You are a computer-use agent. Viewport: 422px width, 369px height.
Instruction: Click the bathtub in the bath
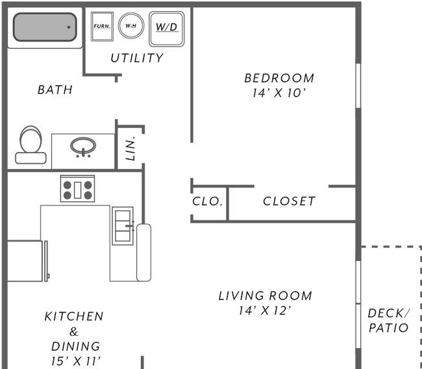pos(45,27)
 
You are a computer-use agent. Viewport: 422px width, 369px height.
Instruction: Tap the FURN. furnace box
pos(102,27)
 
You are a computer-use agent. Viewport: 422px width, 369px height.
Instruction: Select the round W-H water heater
pos(131,26)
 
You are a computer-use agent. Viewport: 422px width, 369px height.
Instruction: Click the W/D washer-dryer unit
pos(167,29)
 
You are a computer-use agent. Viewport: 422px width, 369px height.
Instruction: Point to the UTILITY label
pos(137,58)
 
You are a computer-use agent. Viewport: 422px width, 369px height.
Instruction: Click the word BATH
pos(55,90)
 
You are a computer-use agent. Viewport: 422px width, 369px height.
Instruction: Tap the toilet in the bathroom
pos(31,145)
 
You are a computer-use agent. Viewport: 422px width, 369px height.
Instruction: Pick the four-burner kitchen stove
pos(77,188)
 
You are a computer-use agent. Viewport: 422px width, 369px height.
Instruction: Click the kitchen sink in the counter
pos(123,225)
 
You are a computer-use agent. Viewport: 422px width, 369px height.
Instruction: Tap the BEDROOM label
pos(279,78)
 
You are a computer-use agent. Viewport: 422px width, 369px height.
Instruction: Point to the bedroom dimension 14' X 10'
pos(279,93)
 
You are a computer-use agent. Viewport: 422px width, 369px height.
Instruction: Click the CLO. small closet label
pos(208,201)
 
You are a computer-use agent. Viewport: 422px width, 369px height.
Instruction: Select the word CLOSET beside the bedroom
pos(289,201)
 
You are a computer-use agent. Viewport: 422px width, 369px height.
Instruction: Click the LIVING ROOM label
pos(266,296)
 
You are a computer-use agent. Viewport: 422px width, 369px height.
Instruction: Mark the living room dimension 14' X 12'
pos(265,311)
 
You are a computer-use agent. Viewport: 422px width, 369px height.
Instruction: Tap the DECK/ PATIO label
pos(389,320)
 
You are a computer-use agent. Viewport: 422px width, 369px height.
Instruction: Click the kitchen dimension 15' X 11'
pos(76,361)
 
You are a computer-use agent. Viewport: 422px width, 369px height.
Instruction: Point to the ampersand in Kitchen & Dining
pos(74,331)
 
